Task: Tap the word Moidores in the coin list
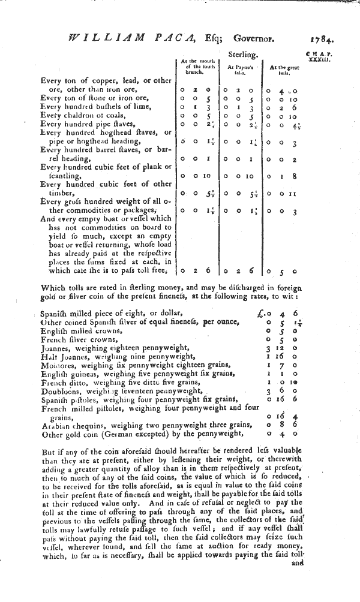click(x=59, y=365)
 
